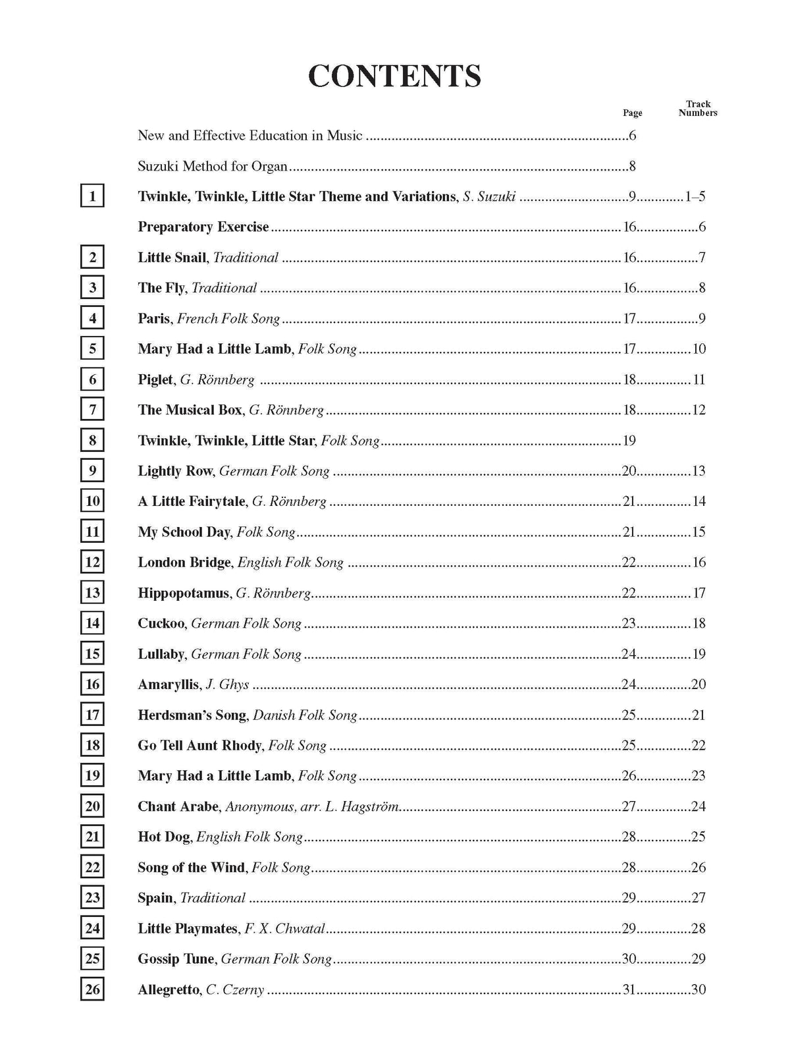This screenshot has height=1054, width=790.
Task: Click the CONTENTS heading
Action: [x=394, y=76]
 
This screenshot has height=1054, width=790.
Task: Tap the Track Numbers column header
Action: [x=698, y=108]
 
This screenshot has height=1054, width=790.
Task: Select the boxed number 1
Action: [x=92, y=196]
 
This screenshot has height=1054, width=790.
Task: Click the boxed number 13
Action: [x=92, y=593]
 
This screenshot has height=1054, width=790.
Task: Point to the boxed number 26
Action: [x=92, y=989]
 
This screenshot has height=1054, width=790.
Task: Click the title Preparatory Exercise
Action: [x=203, y=227]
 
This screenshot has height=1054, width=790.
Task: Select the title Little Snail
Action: [x=172, y=258]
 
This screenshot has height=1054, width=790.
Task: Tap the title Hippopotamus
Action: [x=184, y=593]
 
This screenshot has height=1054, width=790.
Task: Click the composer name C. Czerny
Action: [x=235, y=989]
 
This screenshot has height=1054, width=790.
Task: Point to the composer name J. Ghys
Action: [x=227, y=684]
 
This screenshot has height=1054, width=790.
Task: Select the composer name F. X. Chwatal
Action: [x=285, y=929]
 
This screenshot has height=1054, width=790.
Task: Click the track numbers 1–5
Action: [x=695, y=196]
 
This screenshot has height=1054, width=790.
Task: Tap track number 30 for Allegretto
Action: [x=698, y=989]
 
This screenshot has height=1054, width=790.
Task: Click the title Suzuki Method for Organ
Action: [x=213, y=166]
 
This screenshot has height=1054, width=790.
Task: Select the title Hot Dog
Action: [x=164, y=837]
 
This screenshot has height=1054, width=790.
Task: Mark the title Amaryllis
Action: [x=168, y=684]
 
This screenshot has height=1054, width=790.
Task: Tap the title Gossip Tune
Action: [x=176, y=959]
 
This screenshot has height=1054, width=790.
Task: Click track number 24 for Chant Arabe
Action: [x=698, y=806]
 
